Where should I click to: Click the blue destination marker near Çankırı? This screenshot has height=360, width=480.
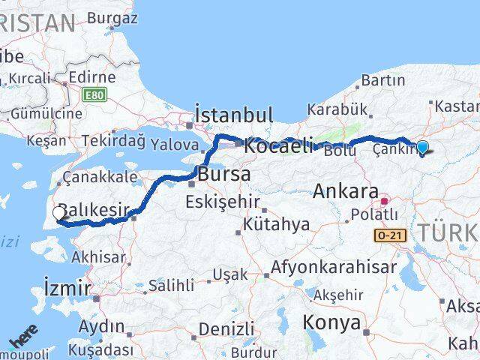(422, 148)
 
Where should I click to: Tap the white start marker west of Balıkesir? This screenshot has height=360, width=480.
(59, 214)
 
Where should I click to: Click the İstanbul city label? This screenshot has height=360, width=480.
(233, 115)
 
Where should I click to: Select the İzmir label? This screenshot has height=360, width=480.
(67, 287)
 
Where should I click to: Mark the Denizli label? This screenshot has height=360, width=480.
(226, 328)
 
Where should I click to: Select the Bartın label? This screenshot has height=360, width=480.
(383, 80)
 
